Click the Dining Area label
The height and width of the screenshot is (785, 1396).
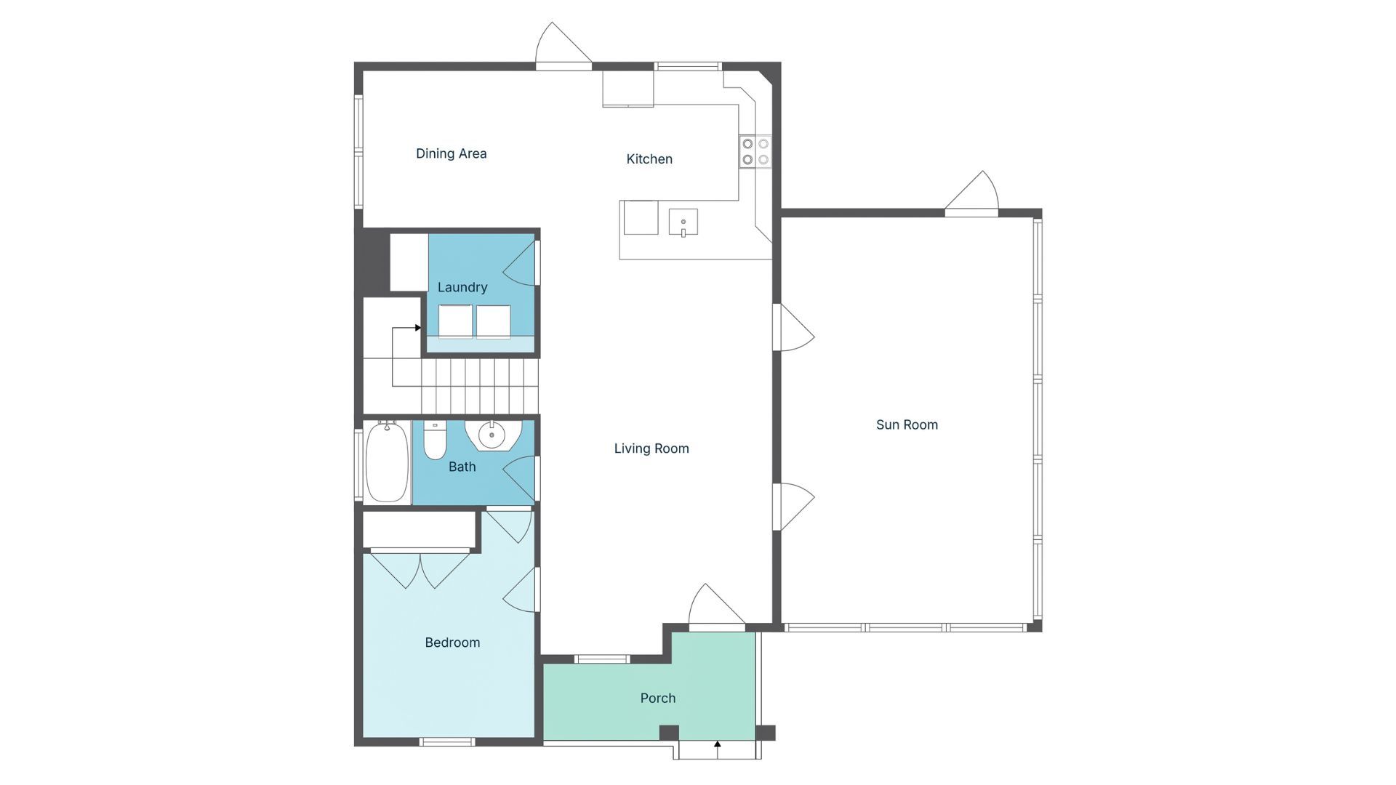tap(451, 153)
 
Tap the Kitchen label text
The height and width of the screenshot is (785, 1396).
tap(649, 159)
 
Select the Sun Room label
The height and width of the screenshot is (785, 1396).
tap(907, 424)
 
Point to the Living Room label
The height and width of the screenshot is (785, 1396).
tap(651, 448)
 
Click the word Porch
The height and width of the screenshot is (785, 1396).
tap(658, 698)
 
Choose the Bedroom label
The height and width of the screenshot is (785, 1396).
tap(452, 643)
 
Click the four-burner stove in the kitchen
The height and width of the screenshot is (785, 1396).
tap(755, 152)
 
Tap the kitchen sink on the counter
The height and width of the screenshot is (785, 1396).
tap(683, 222)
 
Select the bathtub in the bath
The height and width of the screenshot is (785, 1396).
tap(386, 462)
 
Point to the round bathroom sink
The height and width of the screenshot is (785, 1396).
tap(492, 435)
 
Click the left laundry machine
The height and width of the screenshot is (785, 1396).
tap(455, 321)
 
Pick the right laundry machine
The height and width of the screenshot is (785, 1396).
tap(493, 321)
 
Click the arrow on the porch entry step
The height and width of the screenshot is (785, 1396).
tap(717, 745)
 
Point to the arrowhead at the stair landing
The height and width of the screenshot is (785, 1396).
tap(418, 328)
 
